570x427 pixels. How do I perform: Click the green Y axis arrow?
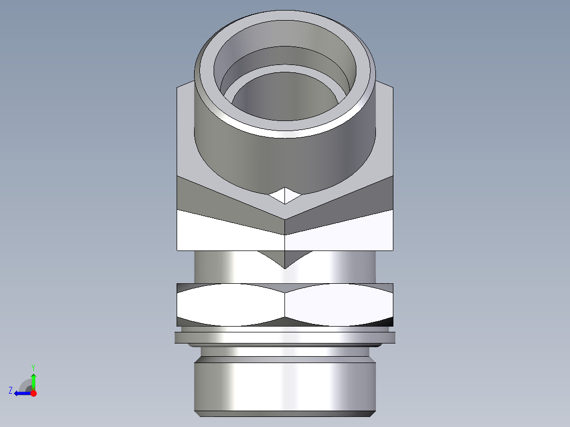33,379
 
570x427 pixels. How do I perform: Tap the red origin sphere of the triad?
33,393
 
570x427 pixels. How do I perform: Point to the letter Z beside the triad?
11,390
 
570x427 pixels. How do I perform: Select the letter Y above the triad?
33,367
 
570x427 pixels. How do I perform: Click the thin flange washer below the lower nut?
285,337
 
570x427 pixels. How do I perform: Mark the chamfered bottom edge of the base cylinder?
285,413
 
